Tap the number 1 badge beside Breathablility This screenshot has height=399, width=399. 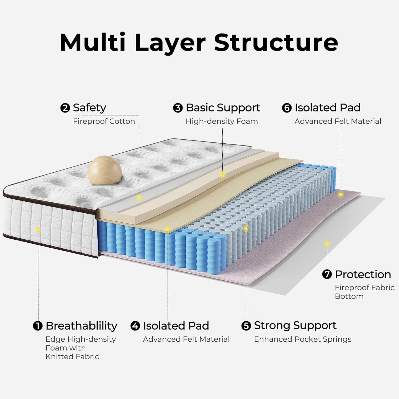38,326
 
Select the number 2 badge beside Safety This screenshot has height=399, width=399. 65,108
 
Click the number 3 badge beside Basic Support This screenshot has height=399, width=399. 178,108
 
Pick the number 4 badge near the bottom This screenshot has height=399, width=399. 135,326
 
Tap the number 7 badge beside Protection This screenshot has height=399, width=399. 327,275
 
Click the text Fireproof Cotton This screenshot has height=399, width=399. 104,121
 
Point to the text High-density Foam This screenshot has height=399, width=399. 222,121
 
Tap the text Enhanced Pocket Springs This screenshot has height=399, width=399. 302,339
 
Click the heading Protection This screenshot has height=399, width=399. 363,275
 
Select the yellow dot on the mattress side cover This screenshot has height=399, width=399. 38,229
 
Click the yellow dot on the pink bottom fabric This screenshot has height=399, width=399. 327,244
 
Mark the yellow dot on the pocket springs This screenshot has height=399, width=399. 246,228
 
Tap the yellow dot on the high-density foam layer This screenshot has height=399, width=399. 223,175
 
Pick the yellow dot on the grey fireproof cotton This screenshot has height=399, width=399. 139,198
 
